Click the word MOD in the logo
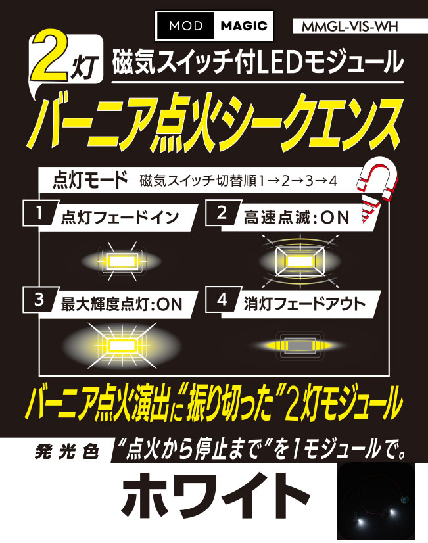pyautogui.click(x=185, y=26)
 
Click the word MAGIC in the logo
pyautogui.click(x=244, y=26)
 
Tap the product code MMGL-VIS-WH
pyautogui.click(x=350, y=26)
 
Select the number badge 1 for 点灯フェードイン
pyautogui.click(x=39, y=213)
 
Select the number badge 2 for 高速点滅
pyautogui.click(x=222, y=212)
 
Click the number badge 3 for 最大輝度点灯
pyautogui.click(x=39, y=299)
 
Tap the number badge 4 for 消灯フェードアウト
pyautogui.click(x=222, y=299)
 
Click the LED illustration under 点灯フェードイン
pyautogui.click(x=121, y=261)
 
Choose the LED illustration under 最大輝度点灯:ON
pyautogui.click(x=122, y=346)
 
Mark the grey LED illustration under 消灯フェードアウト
pyautogui.click(x=300, y=345)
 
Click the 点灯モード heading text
pyautogui.click(x=90, y=180)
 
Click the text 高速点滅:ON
pyautogui.click(x=297, y=218)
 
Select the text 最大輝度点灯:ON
pyautogui.click(x=121, y=304)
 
